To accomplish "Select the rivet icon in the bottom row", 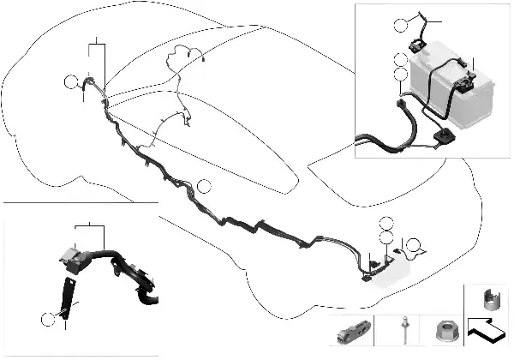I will coord(402,329).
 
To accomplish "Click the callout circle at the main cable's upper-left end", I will coord(71,81).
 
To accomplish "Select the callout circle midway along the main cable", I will coord(203,187).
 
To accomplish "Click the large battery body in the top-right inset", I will coord(454,94).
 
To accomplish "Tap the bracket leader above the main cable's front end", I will coord(99,40).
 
